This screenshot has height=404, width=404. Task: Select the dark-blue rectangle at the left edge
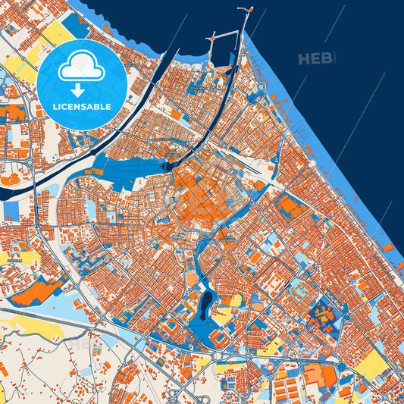(x=11, y=210)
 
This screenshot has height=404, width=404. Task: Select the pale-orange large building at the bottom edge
(x=314, y=375)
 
